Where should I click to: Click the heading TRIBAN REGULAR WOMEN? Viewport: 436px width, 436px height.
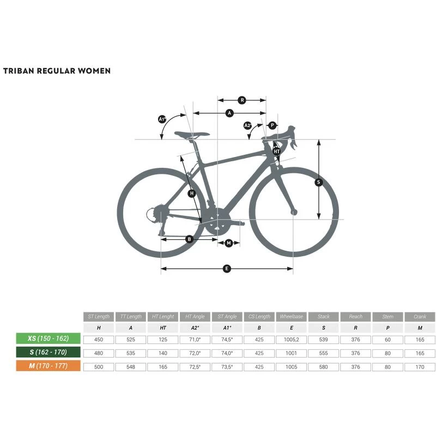[57, 71]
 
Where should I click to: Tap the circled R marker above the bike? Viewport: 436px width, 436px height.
[242, 100]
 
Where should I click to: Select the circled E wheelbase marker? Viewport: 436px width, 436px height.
[227, 268]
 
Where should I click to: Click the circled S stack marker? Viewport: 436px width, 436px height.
[319, 183]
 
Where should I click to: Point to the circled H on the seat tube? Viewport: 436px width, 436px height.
[191, 193]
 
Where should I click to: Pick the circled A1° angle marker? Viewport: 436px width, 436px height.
[162, 119]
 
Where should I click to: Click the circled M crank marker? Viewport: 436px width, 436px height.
[229, 243]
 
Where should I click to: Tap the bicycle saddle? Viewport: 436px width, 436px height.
[192, 135]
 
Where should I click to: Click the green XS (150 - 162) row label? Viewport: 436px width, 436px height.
[49, 338]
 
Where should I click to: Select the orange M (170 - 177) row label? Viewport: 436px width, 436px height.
[49, 366]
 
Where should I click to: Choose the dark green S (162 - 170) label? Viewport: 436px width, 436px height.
[49, 353]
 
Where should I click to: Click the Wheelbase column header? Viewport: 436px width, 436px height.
[291, 317]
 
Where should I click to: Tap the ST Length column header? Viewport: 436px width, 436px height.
[99, 317]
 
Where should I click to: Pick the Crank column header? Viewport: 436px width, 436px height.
[420, 317]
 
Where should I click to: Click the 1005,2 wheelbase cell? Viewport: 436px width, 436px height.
[291, 339]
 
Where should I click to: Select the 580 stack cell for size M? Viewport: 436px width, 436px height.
[324, 367]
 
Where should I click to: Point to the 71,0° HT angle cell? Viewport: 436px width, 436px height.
[195, 339]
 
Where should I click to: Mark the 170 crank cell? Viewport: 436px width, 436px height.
[420, 367]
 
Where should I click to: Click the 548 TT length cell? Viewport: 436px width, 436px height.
[131, 367]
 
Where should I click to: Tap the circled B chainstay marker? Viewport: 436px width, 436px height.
[190, 239]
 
